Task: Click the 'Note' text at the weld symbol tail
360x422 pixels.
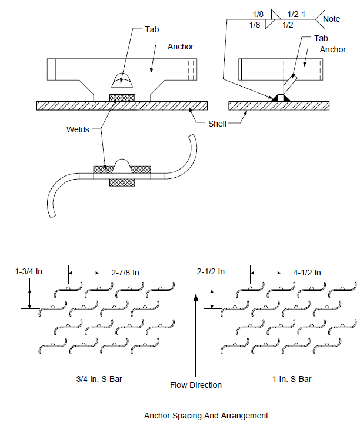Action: coord(331,19)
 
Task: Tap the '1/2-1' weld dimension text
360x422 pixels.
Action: coord(296,14)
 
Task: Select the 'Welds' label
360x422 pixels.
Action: coord(78,129)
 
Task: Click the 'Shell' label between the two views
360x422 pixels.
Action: coord(217,124)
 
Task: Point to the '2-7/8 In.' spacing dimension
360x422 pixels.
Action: coord(126,273)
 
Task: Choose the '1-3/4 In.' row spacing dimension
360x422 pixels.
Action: coord(30,271)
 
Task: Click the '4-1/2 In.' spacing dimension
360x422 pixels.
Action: coord(308,273)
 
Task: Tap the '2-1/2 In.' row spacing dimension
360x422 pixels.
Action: coord(212,271)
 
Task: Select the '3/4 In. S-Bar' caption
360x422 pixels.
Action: coord(99,379)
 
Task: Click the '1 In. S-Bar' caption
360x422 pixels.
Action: coord(292,379)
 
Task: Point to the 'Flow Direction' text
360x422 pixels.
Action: coord(196,385)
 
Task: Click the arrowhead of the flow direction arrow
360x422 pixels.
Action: coord(196,297)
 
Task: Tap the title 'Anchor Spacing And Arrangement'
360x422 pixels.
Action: coord(206,416)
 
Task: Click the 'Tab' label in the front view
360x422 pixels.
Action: coord(152,29)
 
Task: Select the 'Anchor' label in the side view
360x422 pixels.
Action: coord(332,49)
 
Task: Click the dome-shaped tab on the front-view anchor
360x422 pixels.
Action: coord(122,80)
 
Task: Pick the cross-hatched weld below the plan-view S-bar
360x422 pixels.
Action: coord(122,182)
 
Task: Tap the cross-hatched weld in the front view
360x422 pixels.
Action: coord(122,98)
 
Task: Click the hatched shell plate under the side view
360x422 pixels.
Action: coord(279,106)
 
